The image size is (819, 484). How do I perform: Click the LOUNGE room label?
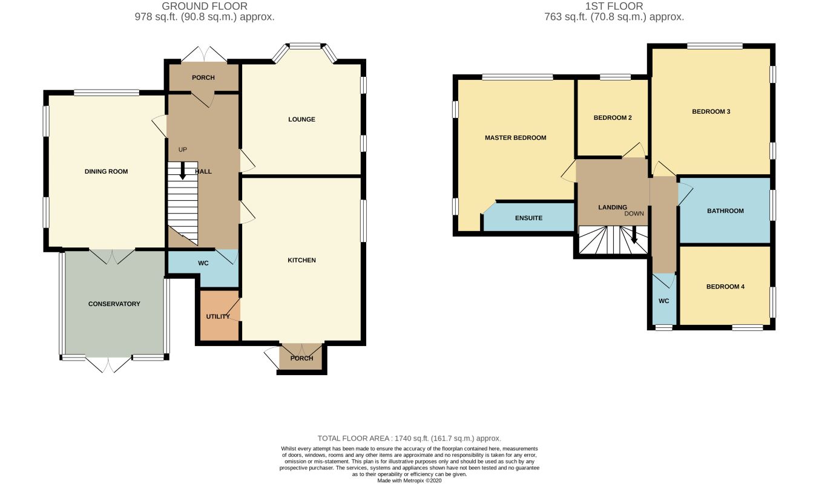point(301,119)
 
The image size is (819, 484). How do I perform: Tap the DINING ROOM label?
point(106,171)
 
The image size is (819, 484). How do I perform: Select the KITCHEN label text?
point(301,260)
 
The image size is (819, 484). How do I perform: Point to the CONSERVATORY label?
point(114,304)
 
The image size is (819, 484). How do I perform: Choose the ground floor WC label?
point(203,263)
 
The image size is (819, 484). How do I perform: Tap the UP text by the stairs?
point(182,149)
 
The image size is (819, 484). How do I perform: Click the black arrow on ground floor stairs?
point(182,171)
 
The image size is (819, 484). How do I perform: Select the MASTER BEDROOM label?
point(516,138)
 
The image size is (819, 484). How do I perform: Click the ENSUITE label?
point(528,218)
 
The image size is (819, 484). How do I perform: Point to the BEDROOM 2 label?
point(613,118)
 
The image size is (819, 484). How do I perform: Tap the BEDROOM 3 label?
point(711,111)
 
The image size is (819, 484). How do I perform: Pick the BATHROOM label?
point(725,211)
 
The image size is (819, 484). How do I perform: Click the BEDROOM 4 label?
point(725,287)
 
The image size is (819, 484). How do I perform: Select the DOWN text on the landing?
point(634,214)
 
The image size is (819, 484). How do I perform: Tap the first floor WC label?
point(663,301)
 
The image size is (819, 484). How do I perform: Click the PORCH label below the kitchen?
point(301,358)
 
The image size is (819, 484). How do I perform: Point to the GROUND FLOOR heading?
point(205,6)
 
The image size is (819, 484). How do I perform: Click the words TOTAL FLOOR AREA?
point(353,438)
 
